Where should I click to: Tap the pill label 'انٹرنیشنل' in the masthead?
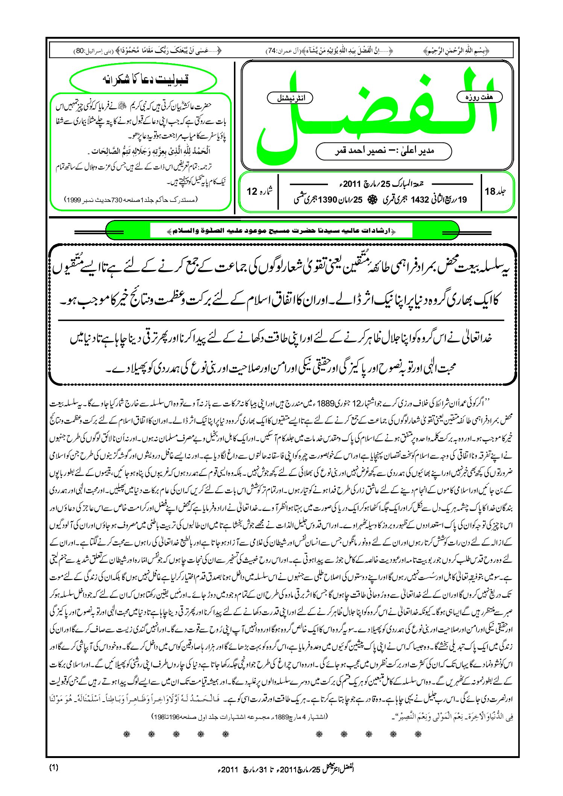click(x=290, y=98)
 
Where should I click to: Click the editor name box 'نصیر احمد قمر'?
click(x=384, y=151)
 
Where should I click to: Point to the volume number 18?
click(x=490, y=191)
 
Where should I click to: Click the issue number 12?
click(x=252, y=191)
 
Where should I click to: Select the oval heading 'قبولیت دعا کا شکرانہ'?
click(x=143, y=80)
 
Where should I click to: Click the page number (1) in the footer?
click(x=54, y=767)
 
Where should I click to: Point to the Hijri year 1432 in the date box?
click(x=420, y=200)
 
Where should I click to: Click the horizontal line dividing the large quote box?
click(x=281, y=320)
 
